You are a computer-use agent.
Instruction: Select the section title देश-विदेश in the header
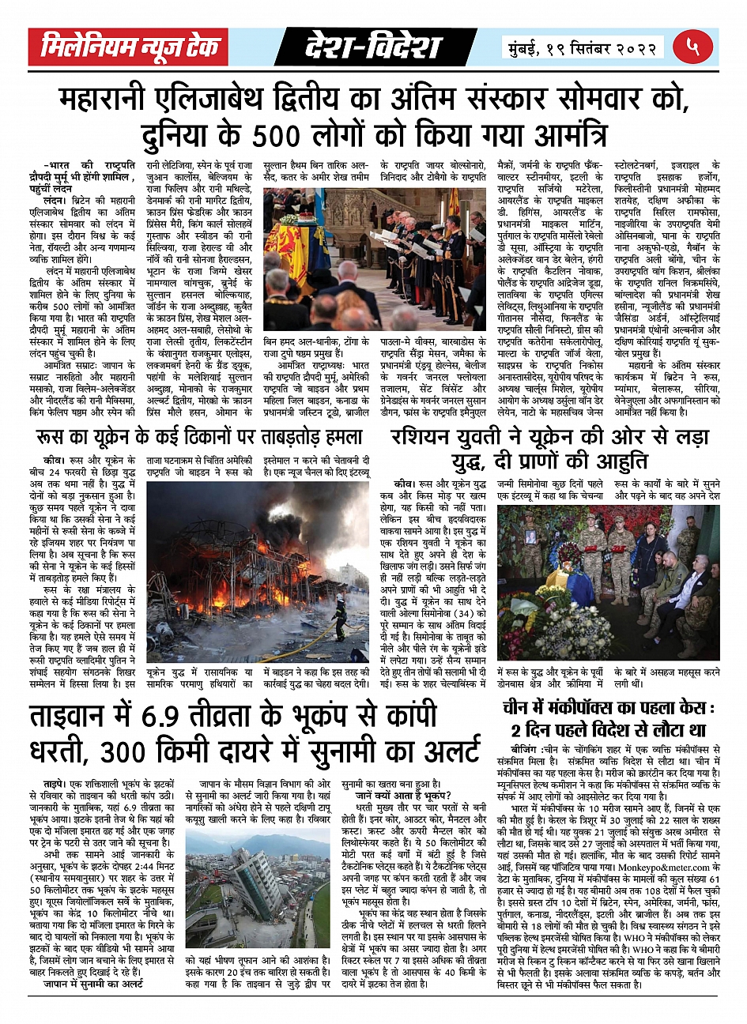click(372, 48)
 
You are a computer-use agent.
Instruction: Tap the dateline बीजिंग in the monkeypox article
click(525, 749)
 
